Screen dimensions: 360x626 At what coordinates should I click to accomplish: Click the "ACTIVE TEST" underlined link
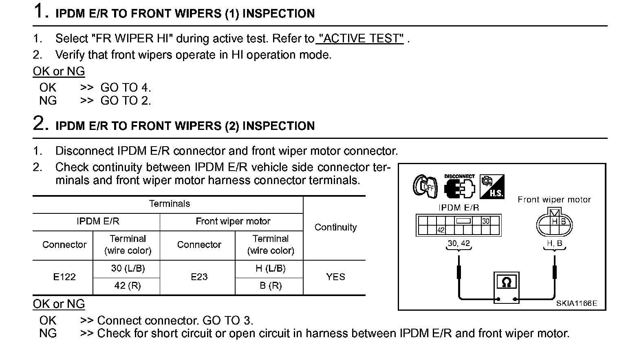360,39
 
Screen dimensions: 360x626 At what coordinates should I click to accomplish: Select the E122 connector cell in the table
64,277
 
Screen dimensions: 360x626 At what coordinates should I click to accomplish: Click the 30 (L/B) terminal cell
128,268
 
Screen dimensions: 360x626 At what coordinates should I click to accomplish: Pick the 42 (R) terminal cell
128,286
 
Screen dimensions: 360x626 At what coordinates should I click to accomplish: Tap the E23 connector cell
199,277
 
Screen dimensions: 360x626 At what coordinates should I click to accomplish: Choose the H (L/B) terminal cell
271,268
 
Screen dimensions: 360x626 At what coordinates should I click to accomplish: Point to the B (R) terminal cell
271,286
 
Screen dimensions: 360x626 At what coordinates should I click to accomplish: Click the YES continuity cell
335,277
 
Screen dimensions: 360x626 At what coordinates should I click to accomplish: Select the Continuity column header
335,227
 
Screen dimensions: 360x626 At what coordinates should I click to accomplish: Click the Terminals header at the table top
170,204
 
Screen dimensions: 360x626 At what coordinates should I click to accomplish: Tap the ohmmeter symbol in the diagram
507,282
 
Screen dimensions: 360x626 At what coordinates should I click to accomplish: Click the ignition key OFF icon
425,187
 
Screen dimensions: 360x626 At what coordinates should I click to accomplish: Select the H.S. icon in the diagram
492,187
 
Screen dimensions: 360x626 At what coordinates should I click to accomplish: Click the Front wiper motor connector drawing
554,224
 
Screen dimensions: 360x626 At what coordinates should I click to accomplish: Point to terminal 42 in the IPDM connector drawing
441,230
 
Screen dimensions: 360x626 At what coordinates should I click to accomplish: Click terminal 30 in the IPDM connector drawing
486,221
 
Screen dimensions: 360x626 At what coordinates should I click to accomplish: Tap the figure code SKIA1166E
576,303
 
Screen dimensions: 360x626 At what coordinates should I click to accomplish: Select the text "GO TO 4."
126,88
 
